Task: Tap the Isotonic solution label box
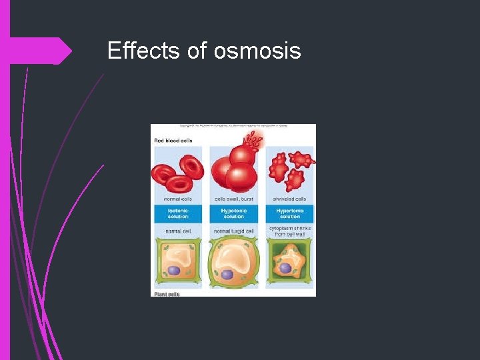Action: coord(178,213)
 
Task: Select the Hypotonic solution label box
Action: coord(234,213)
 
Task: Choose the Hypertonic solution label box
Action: coord(290,213)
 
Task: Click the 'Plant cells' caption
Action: coord(167,293)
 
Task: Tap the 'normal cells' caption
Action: coord(178,199)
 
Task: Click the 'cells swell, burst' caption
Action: coord(234,199)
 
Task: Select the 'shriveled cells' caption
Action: coord(290,199)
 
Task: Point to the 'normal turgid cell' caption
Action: coord(234,231)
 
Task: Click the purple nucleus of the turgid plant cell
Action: coord(227,274)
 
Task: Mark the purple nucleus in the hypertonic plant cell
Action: coord(285,268)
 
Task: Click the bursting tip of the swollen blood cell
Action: coord(254,140)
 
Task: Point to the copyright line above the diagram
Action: coord(233,126)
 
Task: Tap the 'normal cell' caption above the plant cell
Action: coord(178,231)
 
